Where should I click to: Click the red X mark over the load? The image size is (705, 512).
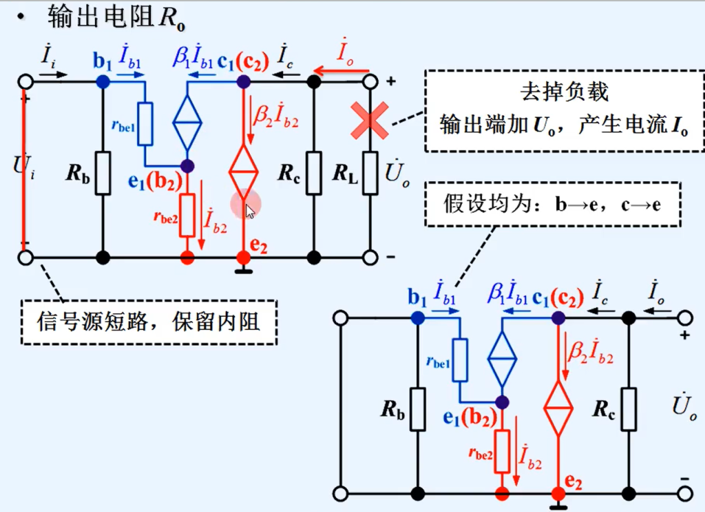(x=370, y=122)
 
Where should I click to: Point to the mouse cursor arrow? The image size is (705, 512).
(x=250, y=211)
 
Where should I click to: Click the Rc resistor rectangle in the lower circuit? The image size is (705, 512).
(x=628, y=409)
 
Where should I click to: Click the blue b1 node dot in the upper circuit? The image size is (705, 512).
(x=103, y=80)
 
